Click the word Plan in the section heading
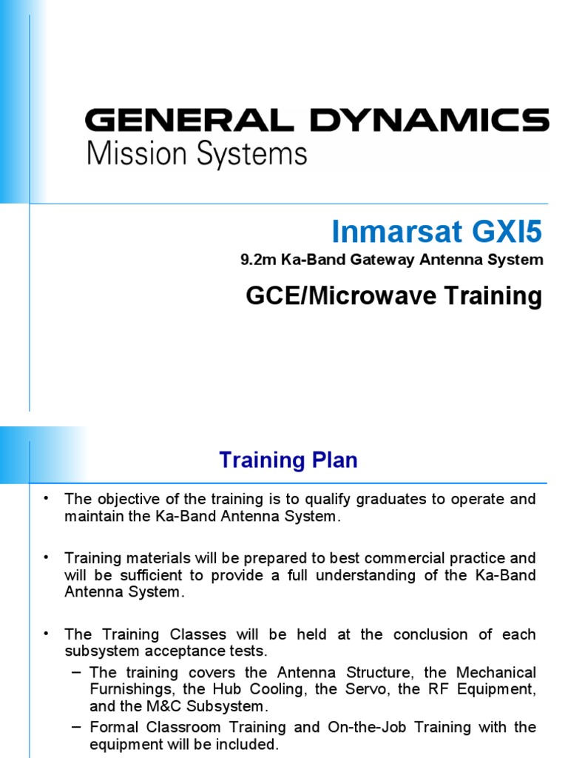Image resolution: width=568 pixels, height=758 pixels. click(x=333, y=460)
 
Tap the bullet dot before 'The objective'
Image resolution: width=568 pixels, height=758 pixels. click(x=46, y=497)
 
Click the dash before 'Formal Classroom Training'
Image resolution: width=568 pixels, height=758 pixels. click(x=77, y=726)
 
